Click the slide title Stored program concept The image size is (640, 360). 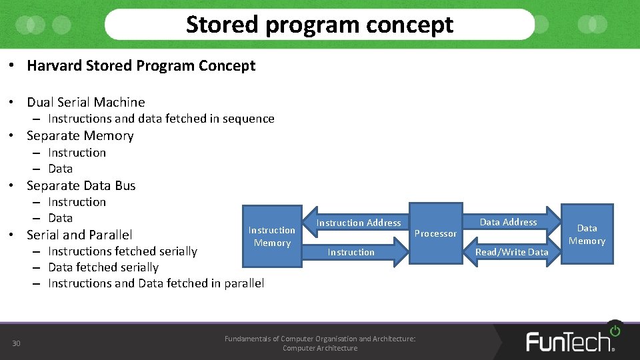coord(319,25)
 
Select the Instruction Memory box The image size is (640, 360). coord(272,237)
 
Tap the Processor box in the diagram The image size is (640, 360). coord(435,233)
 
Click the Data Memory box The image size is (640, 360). coord(587,235)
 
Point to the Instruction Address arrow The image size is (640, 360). coord(358,223)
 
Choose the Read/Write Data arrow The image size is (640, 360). coord(511,252)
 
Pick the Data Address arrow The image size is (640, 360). coord(508,222)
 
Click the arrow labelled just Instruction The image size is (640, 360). coord(351,252)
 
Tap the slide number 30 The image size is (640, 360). coord(17,343)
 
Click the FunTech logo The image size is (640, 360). coord(571,339)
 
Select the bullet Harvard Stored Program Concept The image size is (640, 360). coord(141,65)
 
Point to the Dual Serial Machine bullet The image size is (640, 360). coord(85,102)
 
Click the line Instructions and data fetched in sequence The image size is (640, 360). coord(161,119)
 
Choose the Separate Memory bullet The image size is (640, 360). coord(80,135)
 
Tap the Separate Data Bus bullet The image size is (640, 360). coord(81,185)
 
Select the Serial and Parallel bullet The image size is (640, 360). coord(79,235)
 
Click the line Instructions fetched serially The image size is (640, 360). coord(122,251)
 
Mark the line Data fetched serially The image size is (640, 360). coord(103,267)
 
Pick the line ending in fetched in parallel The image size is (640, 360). coord(155,283)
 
